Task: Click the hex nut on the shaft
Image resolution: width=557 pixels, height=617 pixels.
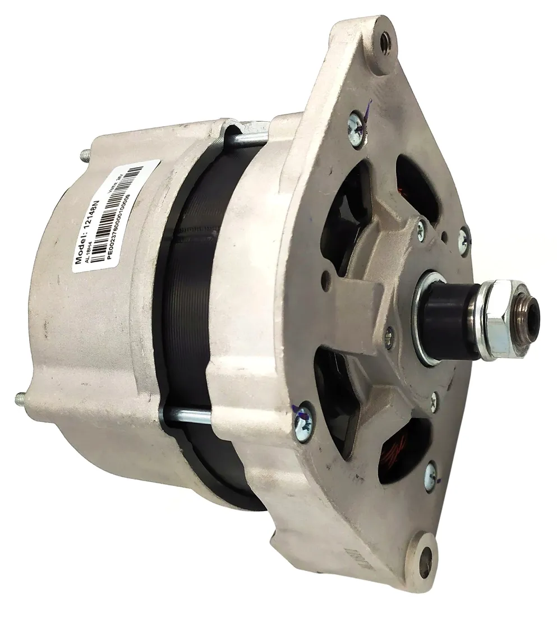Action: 496,320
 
